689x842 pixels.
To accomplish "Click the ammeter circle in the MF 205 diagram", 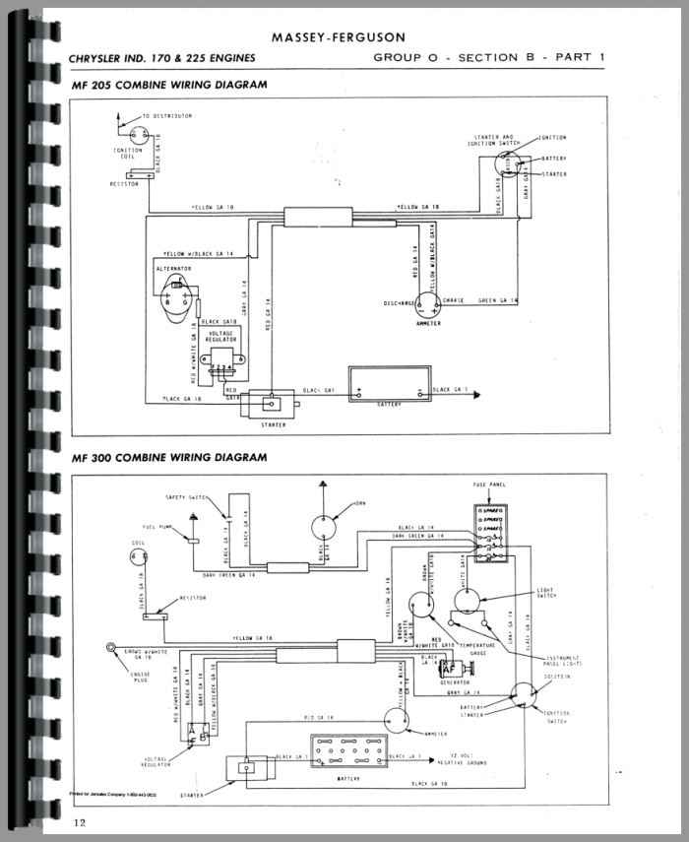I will pos(426,304).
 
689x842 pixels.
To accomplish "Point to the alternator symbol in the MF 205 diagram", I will pos(176,296).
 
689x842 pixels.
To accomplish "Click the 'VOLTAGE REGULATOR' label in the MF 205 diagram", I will pos(219,338).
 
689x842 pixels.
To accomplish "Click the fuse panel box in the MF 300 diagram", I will pos(489,536).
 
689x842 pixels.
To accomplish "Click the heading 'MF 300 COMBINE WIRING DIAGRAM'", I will pos(169,458).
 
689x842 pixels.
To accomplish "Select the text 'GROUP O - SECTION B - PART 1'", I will pos(488,57).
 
